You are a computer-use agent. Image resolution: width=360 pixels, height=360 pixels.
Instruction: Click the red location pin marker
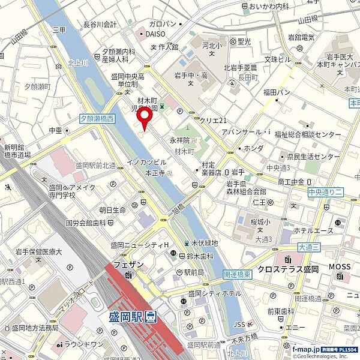pos(143,117)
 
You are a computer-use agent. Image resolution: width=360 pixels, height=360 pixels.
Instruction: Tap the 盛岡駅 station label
pos(124,316)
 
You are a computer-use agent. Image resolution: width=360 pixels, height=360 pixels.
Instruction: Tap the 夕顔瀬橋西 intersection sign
pos(97,119)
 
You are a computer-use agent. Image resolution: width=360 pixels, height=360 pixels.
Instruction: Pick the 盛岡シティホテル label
pos(214,293)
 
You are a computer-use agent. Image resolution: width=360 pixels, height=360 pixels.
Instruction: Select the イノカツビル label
pos(145,162)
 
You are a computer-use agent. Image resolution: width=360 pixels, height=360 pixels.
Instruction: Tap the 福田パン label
pos(277,92)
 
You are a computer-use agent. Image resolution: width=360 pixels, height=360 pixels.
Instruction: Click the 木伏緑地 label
pos(204,243)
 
